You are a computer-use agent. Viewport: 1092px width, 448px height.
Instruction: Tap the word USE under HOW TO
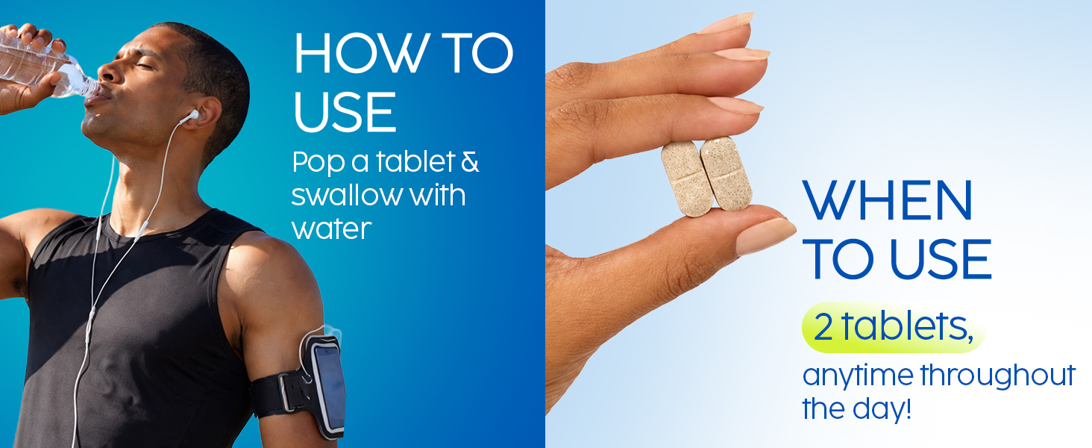(x=345, y=112)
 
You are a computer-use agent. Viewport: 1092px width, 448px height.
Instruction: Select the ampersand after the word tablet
(x=470, y=162)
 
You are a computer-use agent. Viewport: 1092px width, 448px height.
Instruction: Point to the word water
(x=331, y=228)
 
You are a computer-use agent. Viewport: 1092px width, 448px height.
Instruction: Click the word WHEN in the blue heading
(x=888, y=201)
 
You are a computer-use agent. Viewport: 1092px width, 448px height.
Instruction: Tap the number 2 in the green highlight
(x=823, y=328)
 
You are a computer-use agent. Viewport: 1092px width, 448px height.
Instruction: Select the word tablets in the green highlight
(x=907, y=326)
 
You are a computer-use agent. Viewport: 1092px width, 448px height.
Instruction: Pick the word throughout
(x=998, y=375)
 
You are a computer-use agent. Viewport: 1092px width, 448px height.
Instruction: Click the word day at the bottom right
(x=882, y=409)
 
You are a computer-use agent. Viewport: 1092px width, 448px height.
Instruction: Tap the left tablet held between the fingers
(x=687, y=179)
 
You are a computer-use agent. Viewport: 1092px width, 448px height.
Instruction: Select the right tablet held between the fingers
(x=726, y=173)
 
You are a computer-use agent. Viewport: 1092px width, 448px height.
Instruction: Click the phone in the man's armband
(x=330, y=389)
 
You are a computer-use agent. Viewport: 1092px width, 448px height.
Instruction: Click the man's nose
(x=106, y=73)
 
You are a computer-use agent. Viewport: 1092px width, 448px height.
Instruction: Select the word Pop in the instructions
(x=318, y=163)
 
